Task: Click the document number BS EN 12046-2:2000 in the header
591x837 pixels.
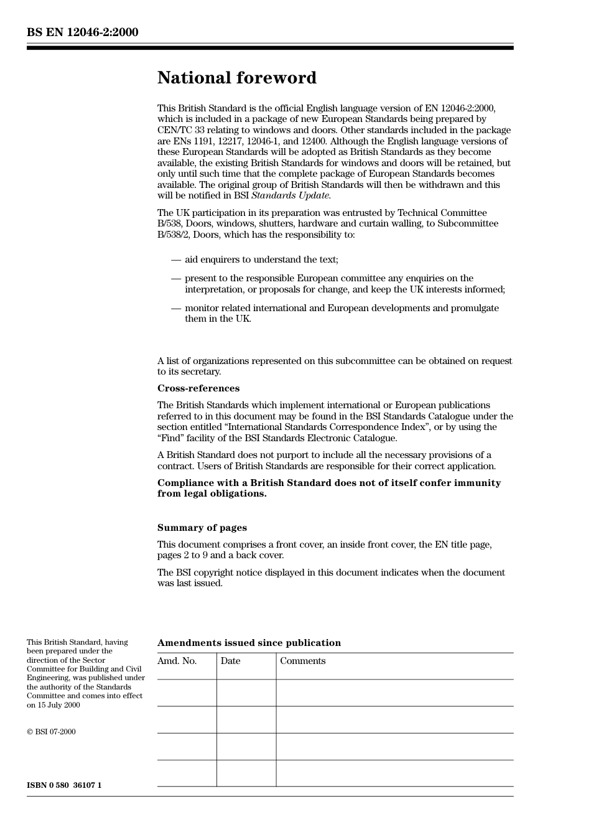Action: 82,32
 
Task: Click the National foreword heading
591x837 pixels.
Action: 236,78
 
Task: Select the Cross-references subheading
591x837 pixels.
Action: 198,388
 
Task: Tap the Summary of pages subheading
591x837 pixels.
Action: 202,528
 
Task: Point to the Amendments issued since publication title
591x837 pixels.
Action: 249,643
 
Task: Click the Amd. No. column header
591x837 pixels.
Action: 177,661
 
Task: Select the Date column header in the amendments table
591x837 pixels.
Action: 230,661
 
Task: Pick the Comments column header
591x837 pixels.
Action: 302,661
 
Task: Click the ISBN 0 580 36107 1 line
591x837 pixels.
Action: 64,785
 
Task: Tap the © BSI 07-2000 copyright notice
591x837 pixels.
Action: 51,732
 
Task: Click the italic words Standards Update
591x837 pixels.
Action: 291,195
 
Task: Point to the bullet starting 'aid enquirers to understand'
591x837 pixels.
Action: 261,260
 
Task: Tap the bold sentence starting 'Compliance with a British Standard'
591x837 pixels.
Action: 328,488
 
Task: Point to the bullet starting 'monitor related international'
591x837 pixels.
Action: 341,313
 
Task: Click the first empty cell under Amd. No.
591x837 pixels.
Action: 187,693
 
